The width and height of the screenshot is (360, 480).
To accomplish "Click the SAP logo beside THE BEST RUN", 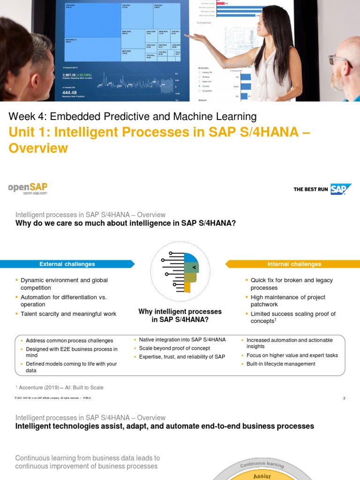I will tap(340, 189).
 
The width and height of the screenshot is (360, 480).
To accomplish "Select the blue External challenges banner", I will tap(67, 264).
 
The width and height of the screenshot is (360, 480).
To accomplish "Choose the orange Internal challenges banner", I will tap(294, 264).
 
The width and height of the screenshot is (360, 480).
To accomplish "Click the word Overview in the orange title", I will tap(38, 148).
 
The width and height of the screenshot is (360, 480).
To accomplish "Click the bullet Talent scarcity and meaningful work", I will tap(68, 314).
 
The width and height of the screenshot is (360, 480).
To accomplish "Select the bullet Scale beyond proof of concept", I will tap(174, 348).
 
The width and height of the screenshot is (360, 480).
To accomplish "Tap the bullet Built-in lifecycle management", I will tap(281, 364).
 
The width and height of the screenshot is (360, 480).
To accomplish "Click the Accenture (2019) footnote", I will tap(60, 388).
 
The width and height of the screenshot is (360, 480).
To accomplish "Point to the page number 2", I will tap(344, 398).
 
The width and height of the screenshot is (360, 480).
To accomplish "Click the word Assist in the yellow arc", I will tap(262, 476).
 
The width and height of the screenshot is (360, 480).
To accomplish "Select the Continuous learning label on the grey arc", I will tap(262, 465).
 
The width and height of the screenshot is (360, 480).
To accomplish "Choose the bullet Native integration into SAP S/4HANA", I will tap(182, 339).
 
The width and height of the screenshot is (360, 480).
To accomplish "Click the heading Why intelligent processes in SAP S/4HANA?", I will tap(180, 315).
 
